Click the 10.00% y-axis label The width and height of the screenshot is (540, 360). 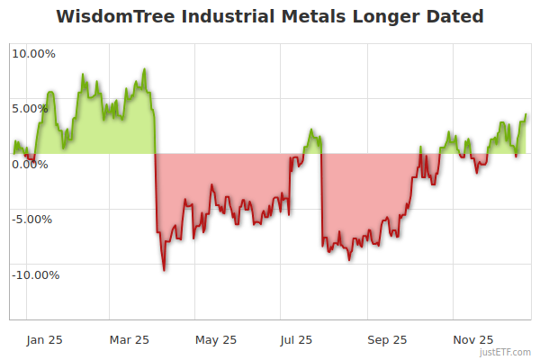point(33,53)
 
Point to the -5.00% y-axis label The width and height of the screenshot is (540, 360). point(34,219)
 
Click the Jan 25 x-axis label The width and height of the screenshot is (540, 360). point(44,339)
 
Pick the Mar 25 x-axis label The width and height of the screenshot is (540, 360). point(130,339)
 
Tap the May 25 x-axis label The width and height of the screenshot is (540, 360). point(216,339)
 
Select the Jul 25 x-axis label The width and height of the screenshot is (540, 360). point(296,339)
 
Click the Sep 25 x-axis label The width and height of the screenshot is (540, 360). point(388,339)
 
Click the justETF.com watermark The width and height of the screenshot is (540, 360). point(507,353)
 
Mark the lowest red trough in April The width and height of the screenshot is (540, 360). point(164,269)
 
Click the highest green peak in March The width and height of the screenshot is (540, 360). point(144,69)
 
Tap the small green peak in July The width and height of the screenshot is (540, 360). point(311,130)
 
